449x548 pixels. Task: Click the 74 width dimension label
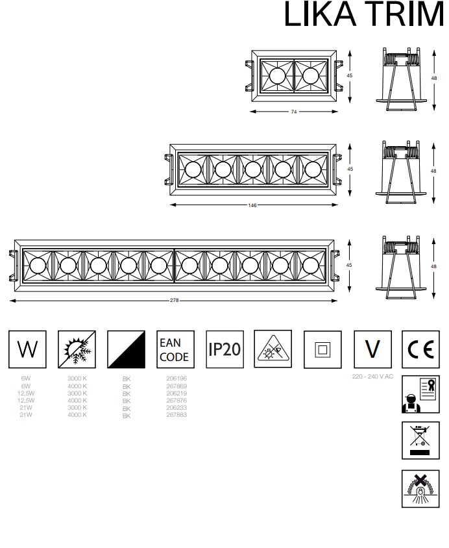(293, 112)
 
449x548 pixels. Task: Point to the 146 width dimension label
(252, 206)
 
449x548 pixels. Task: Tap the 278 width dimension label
(174, 301)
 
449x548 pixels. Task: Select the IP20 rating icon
(224, 349)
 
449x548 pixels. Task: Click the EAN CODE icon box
(174, 349)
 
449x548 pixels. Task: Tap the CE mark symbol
(420, 349)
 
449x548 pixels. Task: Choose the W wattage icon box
(27, 349)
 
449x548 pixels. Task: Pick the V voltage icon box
(372, 349)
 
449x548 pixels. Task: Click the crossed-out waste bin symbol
(420, 440)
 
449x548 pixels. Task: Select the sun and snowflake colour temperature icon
(77, 349)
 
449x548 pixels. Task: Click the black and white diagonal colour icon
(126, 349)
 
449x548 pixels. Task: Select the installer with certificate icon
(420, 394)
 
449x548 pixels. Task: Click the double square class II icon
(322, 349)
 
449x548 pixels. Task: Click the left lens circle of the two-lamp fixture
(277, 77)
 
